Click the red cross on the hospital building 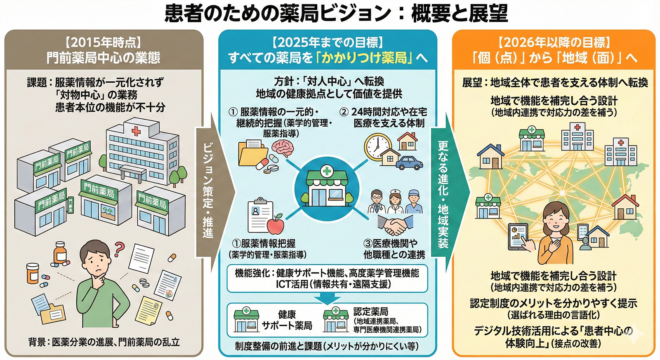click(136, 131)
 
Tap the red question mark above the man click(119, 247)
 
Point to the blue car click(409, 162)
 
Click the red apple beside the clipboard click(275, 225)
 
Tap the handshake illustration click(396, 225)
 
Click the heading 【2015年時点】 click(103, 42)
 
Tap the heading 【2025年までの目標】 click(328, 42)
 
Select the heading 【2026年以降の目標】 click(554, 42)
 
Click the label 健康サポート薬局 click(287, 320)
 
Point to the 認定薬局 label click(370, 312)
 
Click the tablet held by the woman click(518, 236)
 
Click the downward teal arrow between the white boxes click(327, 298)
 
